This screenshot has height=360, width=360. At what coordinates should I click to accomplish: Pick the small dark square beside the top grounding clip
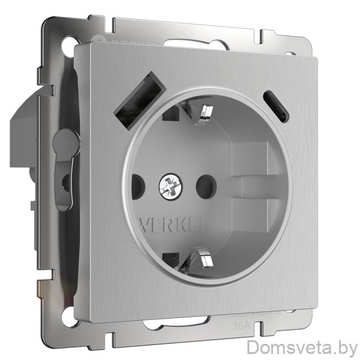(175, 112)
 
